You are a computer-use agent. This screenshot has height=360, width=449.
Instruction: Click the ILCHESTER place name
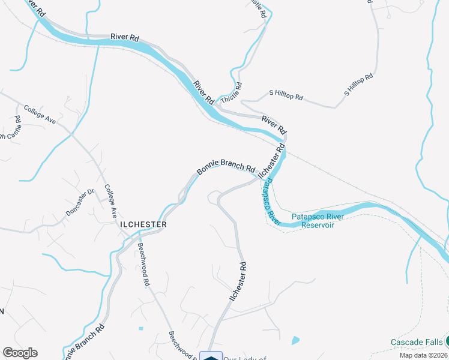point(142,224)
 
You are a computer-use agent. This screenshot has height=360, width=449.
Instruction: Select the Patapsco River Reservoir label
point(316,221)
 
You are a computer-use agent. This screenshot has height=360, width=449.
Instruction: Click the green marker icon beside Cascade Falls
point(447,341)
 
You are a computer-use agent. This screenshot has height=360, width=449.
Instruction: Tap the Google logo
point(20,353)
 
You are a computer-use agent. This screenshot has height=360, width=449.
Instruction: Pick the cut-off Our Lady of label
point(245,358)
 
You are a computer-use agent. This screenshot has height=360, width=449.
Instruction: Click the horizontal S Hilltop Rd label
point(286,95)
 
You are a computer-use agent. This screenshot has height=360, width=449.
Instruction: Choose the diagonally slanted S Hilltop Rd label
point(359,85)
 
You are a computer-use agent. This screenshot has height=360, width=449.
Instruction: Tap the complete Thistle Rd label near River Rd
point(232,94)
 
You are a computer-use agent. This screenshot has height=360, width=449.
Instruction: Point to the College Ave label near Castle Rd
point(40,115)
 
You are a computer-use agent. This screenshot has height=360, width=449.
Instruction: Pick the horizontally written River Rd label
point(125,37)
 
